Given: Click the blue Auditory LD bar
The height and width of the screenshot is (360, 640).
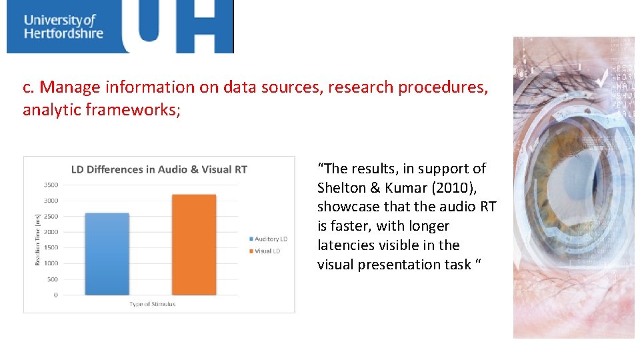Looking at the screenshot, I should pos(107,254).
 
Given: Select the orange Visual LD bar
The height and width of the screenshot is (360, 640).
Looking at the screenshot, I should pos(194,245).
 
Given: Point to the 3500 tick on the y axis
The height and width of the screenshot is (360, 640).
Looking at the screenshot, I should pos(51,185).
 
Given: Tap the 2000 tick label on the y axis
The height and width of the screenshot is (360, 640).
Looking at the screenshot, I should pos(51,232).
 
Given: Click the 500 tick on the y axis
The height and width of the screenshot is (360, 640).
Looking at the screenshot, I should pos(53,279).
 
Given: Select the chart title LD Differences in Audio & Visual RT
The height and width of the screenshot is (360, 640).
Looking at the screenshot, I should pos(159,169).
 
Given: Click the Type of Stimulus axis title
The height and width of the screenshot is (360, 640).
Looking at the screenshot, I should pos(153,305).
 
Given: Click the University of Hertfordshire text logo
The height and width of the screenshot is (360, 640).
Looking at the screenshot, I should pos(63,26).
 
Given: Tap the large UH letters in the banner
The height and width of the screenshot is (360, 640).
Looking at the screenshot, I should pos(177,27).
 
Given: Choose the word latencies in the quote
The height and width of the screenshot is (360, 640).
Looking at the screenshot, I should pos(347,245).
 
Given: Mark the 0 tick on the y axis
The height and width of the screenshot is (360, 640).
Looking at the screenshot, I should pos(56,295).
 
